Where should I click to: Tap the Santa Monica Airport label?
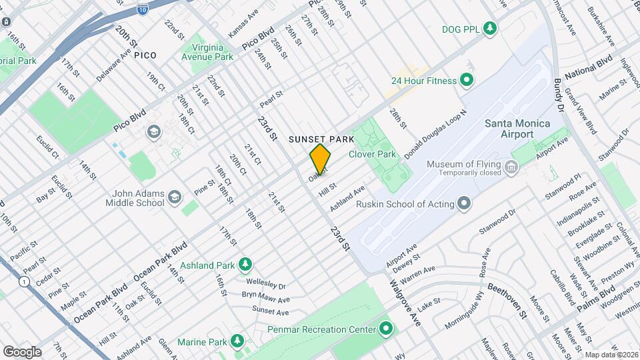tap(517, 129)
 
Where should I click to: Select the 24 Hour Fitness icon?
tap(467, 81)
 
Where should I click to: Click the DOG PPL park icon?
tap(490, 28)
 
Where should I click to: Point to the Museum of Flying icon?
tap(512, 166)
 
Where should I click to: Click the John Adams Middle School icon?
tap(174, 197)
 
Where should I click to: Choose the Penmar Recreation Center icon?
tap(385, 329)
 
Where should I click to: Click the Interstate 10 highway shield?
tap(143, 9)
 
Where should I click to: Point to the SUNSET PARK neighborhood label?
tap(321, 139)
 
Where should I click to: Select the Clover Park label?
tap(373, 154)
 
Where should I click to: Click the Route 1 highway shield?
tap(25, 282)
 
